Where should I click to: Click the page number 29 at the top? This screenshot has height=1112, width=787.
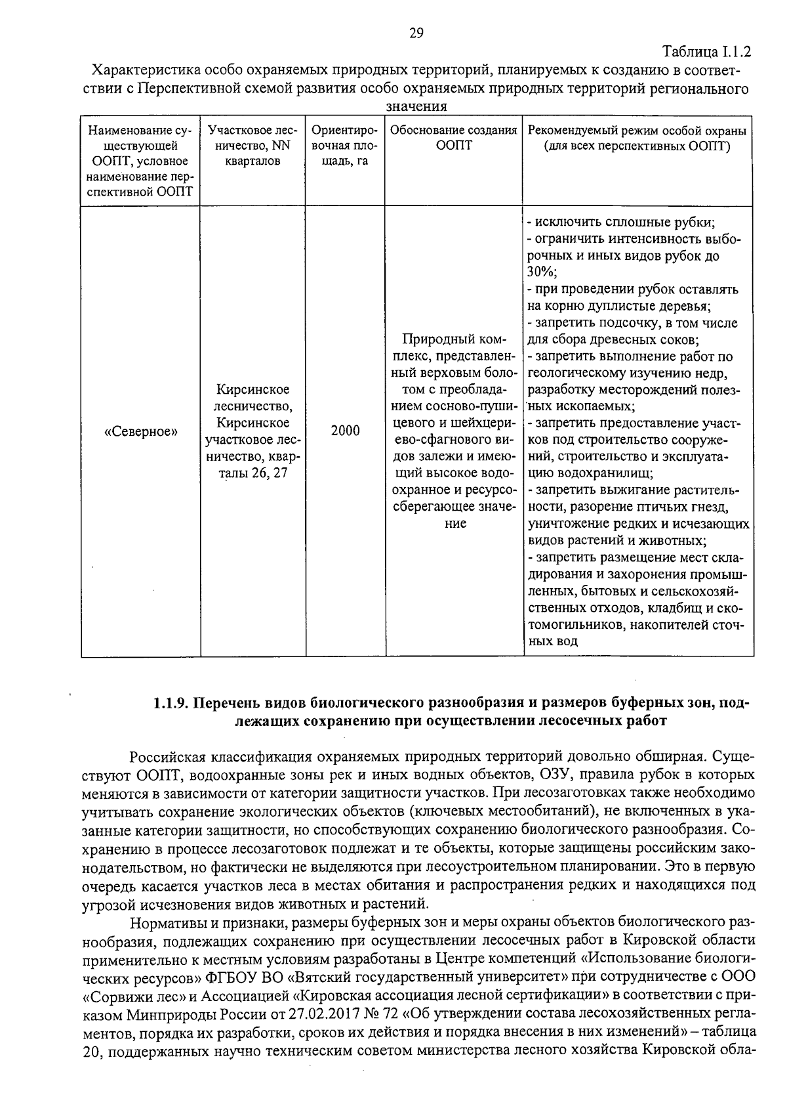pyautogui.click(x=416, y=33)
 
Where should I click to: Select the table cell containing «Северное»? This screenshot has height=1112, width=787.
pyautogui.click(x=141, y=431)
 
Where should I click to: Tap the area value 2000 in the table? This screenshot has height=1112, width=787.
pyautogui.click(x=345, y=431)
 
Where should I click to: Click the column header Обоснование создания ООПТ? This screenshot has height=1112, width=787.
pyautogui.click(x=454, y=138)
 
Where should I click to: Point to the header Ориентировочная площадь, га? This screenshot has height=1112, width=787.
pyautogui.click(x=345, y=146)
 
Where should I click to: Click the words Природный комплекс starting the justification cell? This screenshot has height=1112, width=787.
pyautogui.click(x=454, y=340)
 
